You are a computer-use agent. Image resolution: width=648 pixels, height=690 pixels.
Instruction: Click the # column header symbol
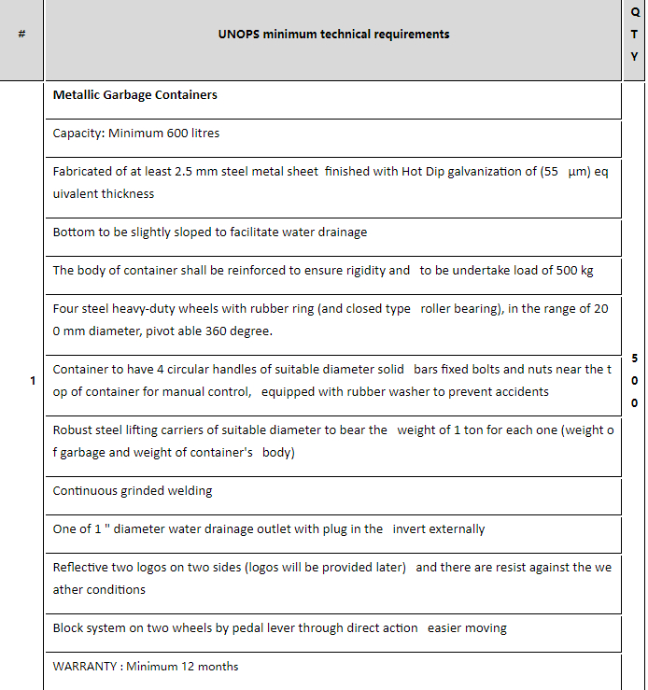coord(21,35)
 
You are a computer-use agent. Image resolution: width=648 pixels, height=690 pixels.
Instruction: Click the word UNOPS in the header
coord(238,35)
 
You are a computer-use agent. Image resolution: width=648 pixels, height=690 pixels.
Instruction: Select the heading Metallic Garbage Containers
coord(134,95)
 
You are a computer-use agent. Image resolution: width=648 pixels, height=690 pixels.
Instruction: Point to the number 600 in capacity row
coord(178,134)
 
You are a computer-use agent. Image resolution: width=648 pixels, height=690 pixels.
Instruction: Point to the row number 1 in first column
coord(33,381)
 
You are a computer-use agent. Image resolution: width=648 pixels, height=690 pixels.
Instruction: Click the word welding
coord(190,491)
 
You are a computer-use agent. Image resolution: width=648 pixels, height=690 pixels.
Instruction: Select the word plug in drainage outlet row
coord(335,529)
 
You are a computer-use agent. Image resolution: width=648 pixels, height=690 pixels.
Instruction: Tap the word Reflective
coord(81,568)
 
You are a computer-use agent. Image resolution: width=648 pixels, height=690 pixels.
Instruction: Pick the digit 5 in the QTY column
coord(635,358)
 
